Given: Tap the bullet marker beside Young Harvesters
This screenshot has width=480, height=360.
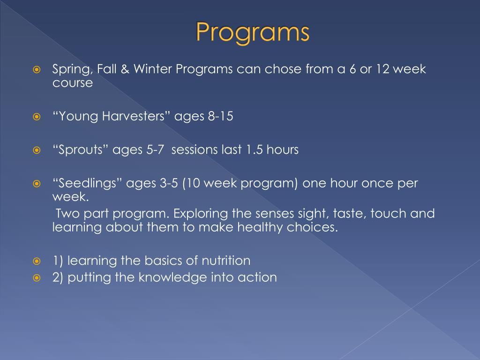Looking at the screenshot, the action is coord(37,117).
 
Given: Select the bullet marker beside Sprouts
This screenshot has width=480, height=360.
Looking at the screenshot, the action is coord(37,150).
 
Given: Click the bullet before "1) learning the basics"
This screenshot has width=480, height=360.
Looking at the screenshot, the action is coord(37,261).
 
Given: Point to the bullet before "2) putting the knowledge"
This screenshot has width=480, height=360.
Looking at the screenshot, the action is coord(37,277).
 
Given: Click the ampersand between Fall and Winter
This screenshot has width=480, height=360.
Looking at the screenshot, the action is coord(125,69).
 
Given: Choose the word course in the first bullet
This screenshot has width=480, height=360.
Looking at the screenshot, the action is coord(73,83).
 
